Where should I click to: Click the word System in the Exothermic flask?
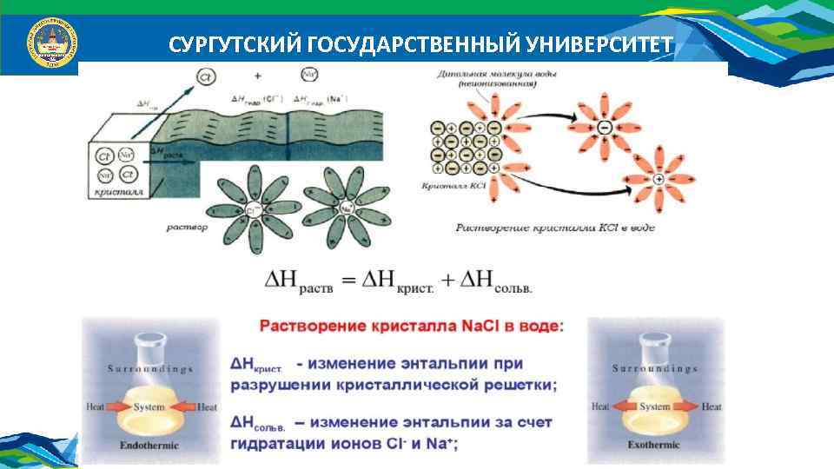pyautogui.click(x=655, y=406)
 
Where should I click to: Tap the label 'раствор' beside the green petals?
pyautogui.click(x=187, y=228)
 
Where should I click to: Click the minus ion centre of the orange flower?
pyautogui.click(x=605, y=128)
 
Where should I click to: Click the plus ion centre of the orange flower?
pyautogui.click(x=659, y=179)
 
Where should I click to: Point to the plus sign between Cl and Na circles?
pyautogui.click(x=258, y=76)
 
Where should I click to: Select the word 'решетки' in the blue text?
pyautogui.click(x=512, y=384)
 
